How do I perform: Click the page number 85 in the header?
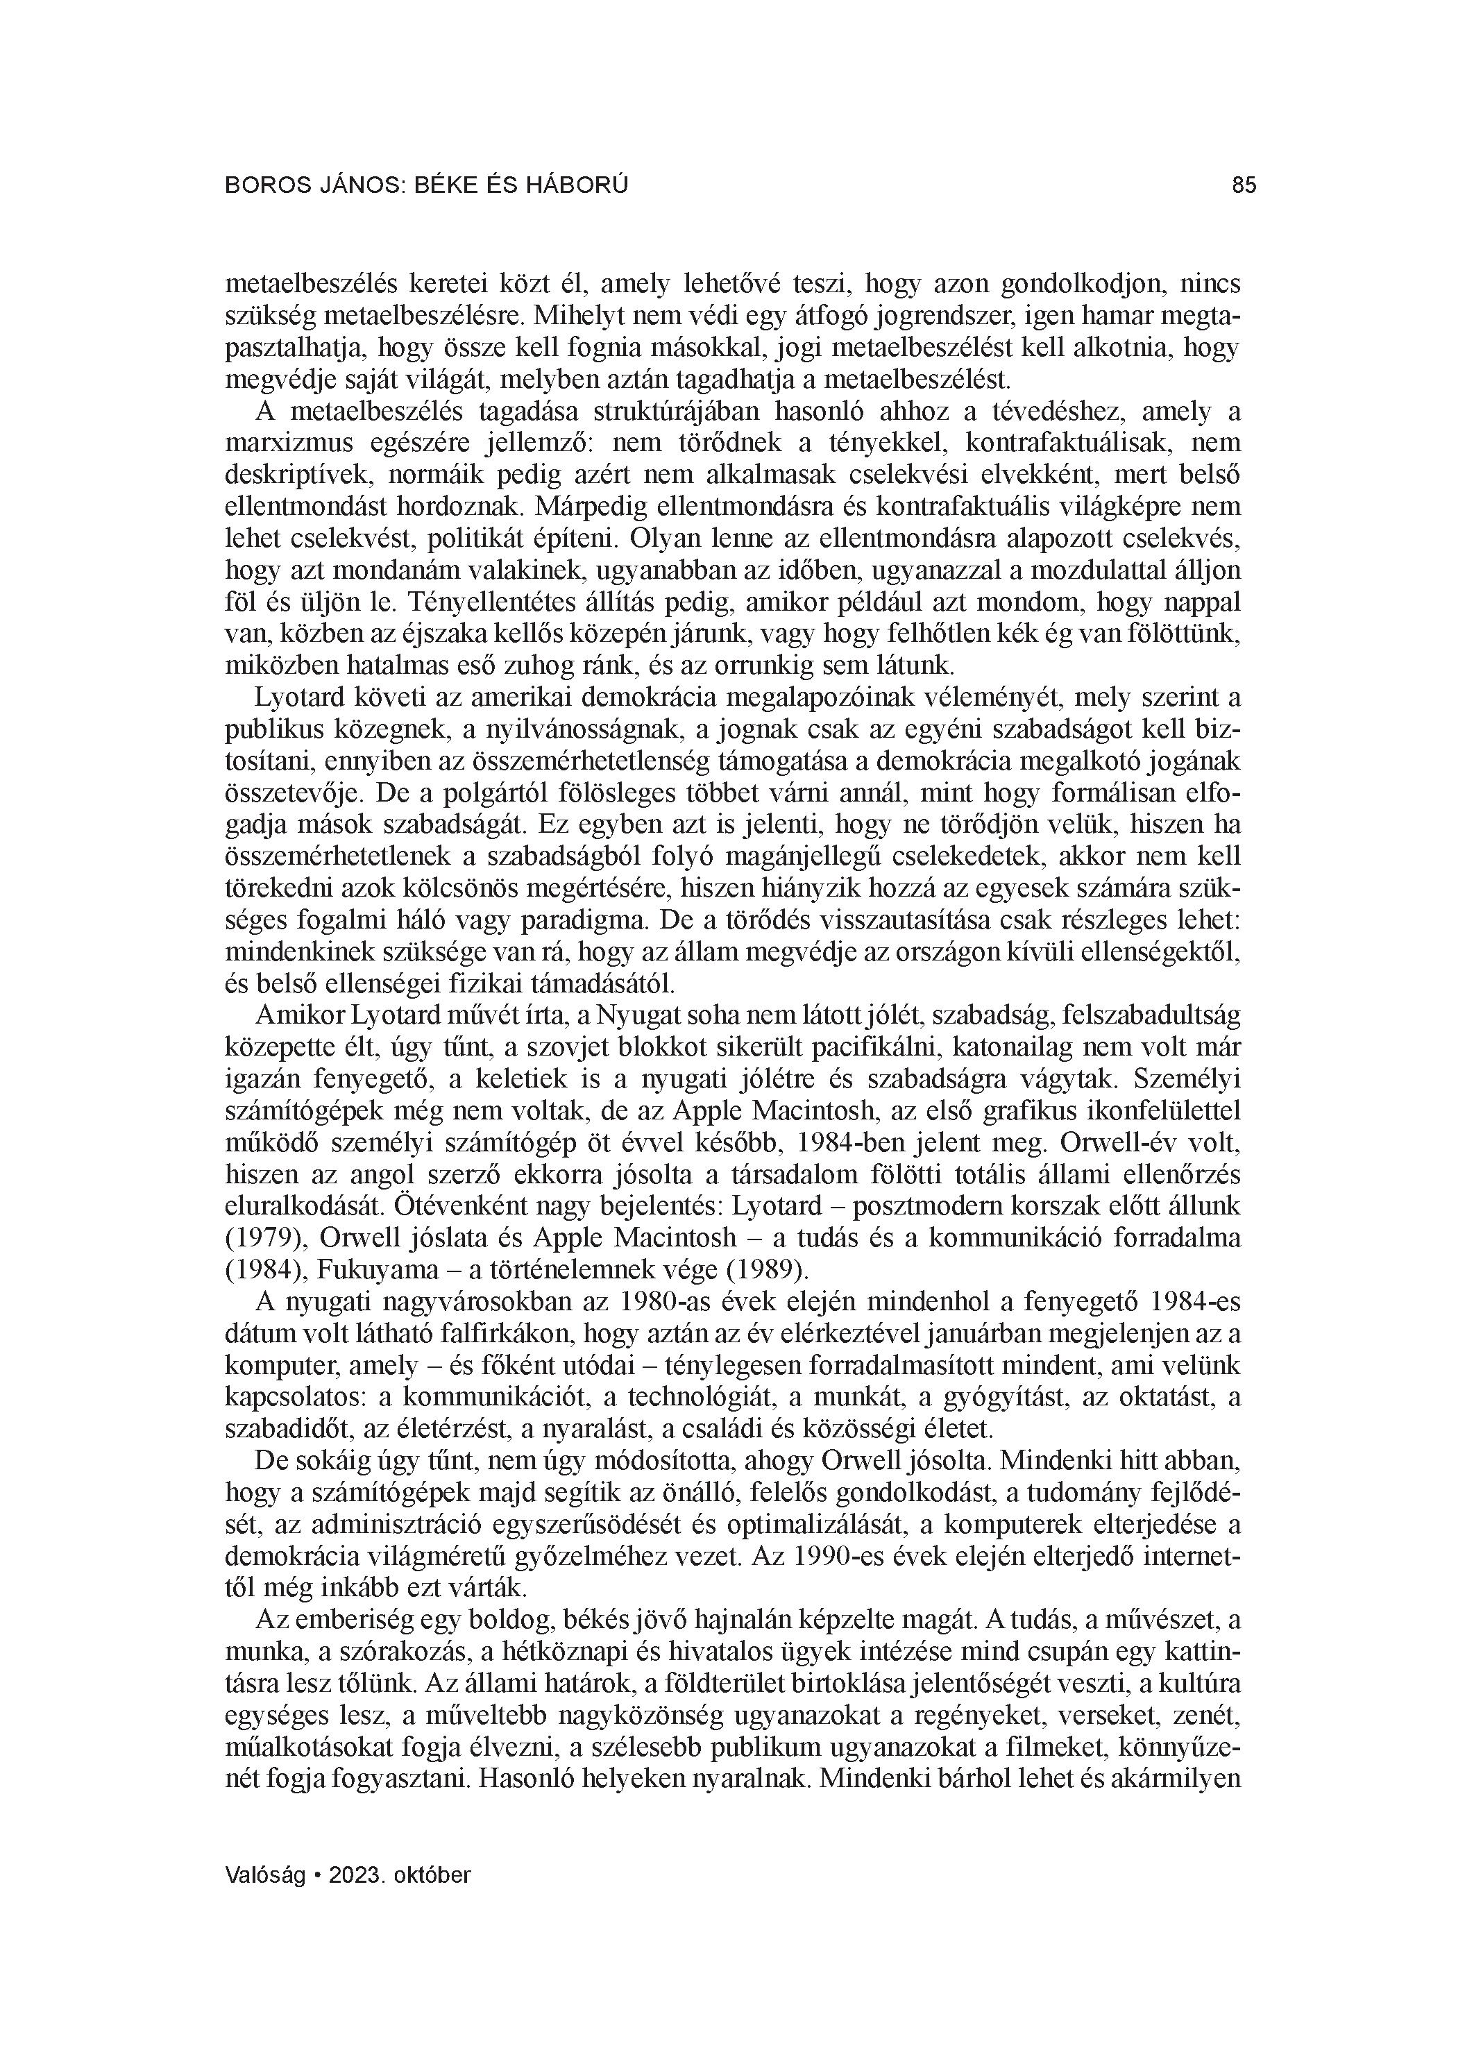click(x=1244, y=185)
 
